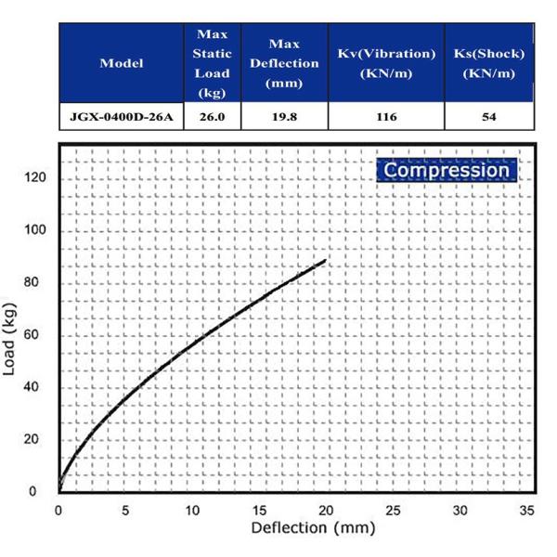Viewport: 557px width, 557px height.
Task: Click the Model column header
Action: pos(121,63)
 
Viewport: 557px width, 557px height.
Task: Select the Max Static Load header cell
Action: pos(212,63)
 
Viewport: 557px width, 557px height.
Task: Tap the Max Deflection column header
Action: pos(283,63)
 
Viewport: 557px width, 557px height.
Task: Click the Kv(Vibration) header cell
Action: pos(386,63)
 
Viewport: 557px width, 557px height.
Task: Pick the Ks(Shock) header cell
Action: pos(489,63)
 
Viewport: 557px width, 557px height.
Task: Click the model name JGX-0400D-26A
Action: pos(121,118)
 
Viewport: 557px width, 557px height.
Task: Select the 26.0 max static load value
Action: pos(212,118)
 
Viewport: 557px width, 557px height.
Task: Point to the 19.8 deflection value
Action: pos(283,118)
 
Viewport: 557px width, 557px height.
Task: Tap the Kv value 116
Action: pos(386,118)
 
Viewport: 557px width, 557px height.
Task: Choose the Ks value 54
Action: pos(489,118)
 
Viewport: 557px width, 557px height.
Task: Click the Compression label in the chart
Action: pos(447,171)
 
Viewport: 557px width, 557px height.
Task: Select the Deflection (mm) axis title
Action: pos(313,528)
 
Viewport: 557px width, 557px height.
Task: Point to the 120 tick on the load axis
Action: pos(35,178)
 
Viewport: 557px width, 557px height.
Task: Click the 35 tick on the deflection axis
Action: pos(526,510)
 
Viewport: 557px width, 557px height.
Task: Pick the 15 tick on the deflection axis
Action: pos(259,510)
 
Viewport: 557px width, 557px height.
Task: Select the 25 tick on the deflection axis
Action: pos(393,510)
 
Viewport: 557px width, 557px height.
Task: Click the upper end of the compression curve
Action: pos(326,260)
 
